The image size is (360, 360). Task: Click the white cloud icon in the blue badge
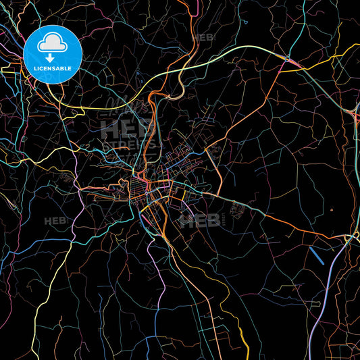52,44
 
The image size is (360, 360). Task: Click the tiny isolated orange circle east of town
332,209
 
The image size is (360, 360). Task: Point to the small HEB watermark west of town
53,221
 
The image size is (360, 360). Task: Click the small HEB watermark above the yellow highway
202,38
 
